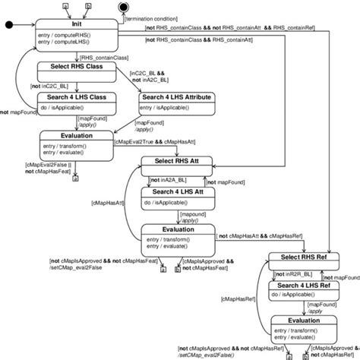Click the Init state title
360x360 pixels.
click(x=76, y=24)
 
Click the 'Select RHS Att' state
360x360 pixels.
click(x=178, y=162)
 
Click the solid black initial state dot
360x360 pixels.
click(x=9, y=24)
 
